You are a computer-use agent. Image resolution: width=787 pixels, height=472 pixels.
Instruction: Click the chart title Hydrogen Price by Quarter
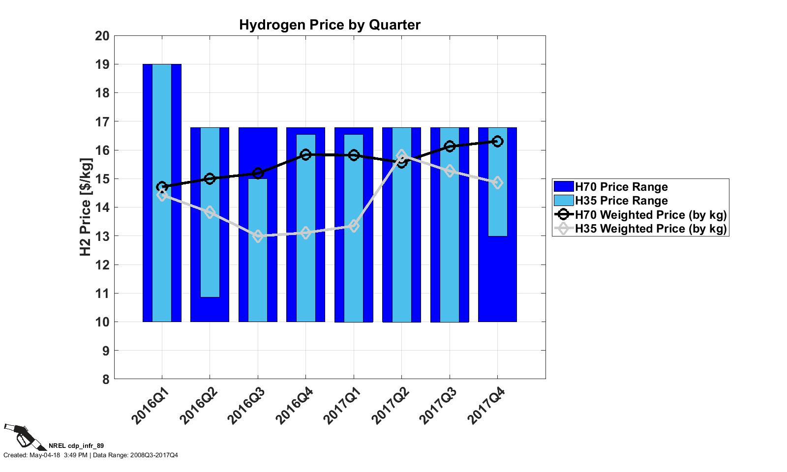click(330, 25)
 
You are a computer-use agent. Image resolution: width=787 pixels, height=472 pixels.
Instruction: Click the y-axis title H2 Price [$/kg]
click(86, 207)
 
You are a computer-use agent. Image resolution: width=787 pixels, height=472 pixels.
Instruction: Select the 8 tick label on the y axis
click(105, 379)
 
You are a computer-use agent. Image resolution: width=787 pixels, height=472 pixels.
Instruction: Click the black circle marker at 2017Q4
click(497, 142)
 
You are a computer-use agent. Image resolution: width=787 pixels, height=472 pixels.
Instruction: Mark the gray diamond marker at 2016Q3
click(258, 236)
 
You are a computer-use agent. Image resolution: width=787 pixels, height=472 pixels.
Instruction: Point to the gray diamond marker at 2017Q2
click(401, 155)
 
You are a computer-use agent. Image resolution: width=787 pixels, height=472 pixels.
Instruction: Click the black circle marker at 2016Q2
click(210, 178)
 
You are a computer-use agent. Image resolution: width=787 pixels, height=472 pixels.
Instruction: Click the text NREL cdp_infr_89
click(76, 446)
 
